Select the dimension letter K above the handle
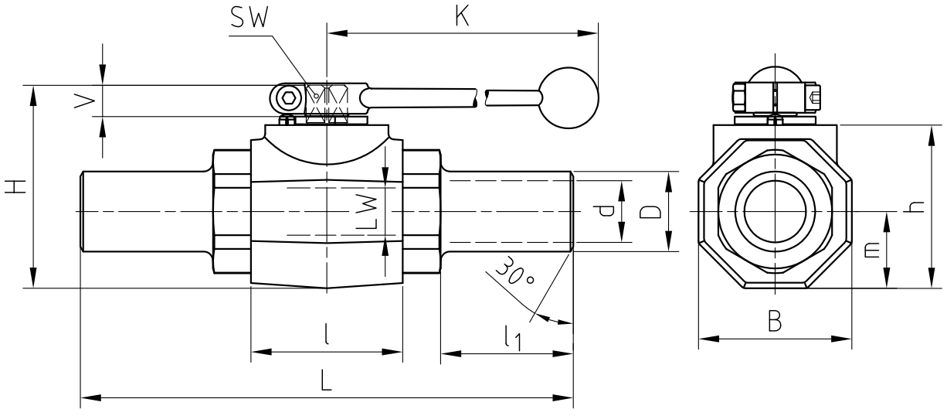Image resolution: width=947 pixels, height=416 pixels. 462,17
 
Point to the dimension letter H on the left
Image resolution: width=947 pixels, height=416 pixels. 15,186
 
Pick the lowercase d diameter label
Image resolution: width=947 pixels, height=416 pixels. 607,210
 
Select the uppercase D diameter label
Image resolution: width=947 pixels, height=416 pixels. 653,211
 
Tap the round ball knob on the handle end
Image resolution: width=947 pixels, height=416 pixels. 569,97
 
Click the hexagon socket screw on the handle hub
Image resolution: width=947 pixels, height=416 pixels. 287,98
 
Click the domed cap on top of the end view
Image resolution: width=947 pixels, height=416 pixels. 774,74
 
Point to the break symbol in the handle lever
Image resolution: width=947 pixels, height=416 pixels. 479,97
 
